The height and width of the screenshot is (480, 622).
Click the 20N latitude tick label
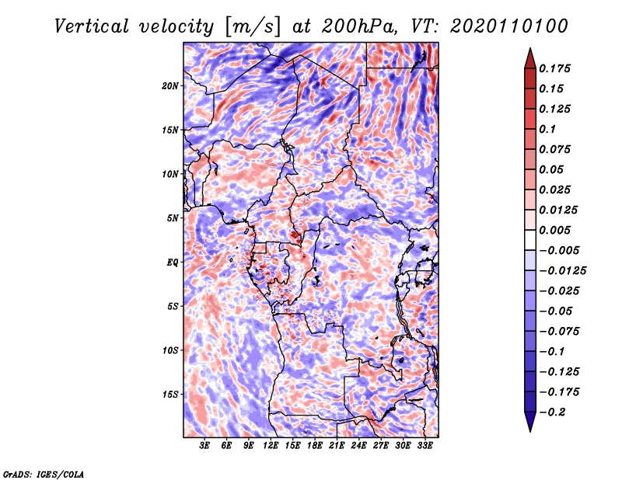[x=170, y=86]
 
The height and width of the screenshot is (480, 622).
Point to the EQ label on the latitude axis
[x=172, y=263]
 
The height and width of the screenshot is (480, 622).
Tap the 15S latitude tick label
[x=170, y=395]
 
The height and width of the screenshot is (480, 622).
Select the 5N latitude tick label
[x=173, y=218]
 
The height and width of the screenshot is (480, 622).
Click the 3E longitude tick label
[x=204, y=446]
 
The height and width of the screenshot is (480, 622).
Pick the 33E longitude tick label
[x=425, y=446]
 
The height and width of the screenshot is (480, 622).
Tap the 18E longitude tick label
[x=315, y=446]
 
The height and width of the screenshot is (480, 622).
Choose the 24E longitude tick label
[x=358, y=446]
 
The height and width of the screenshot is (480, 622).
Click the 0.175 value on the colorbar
[x=554, y=68]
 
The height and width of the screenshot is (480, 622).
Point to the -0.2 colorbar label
[x=552, y=412]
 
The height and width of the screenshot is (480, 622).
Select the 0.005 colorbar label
[x=554, y=230]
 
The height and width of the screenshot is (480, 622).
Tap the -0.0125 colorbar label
[x=562, y=271]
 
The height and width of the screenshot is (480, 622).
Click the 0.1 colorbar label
[x=547, y=129]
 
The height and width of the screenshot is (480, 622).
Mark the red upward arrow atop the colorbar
[x=530, y=58]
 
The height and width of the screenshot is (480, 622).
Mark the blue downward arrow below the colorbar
[x=530, y=422]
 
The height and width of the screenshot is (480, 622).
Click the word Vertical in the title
[x=91, y=26]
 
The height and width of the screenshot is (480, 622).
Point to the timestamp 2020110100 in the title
[x=509, y=26]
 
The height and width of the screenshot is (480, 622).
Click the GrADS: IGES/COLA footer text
[x=44, y=474]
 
